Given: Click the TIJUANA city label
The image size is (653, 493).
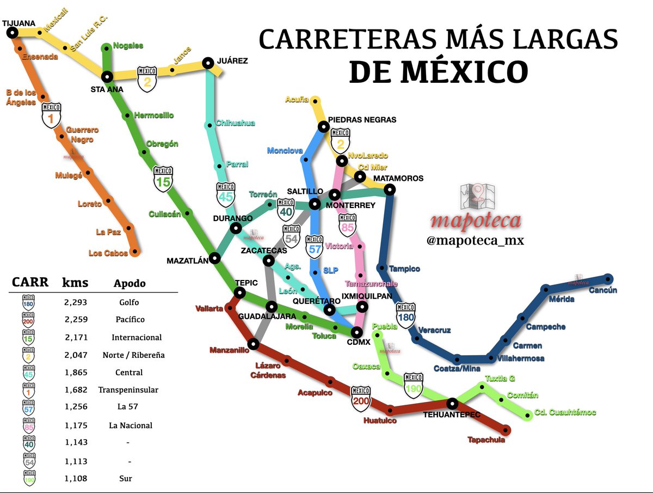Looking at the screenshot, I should tap(19, 23).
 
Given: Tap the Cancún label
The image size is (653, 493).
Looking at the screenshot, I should tap(602, 290).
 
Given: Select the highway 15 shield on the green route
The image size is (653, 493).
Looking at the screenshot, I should tap(163, 178).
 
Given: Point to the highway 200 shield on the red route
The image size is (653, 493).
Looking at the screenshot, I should tap(361, 398).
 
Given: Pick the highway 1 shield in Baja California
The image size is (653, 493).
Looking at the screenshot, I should tap(51, 115).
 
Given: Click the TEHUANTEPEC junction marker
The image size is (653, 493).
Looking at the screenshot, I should tap(452, 404).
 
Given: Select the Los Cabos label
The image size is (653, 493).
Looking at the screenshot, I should tap(108, 253).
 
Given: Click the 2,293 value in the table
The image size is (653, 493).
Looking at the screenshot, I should tap(75, 302).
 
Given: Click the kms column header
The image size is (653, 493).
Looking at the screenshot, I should tap(75, 283).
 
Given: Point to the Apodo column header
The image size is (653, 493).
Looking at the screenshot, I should tap(130, 284).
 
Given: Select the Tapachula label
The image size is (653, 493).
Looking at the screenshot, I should tap(486, 440).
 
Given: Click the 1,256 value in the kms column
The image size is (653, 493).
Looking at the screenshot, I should tap(75, 407).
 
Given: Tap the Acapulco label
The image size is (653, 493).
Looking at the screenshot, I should tap(315, 393).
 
